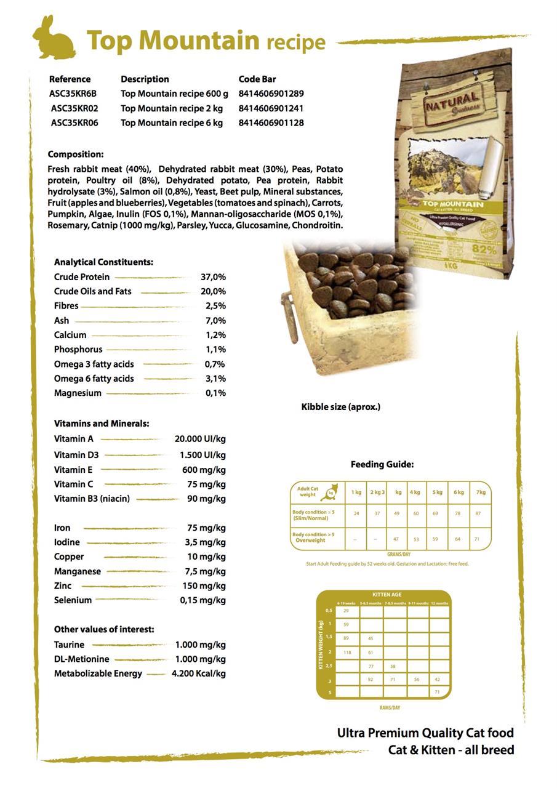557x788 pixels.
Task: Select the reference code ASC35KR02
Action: tap(74, 108)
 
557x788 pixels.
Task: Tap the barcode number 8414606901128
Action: tap(271, 123)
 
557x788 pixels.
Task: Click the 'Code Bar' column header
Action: tap(257, 79)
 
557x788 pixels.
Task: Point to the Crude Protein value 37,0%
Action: tap(213, 277)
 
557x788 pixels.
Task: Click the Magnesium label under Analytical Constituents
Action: tap(78, 393)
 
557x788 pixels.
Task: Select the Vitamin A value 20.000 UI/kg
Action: tap(200, 439)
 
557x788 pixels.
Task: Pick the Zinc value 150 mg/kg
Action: tap(204, 585)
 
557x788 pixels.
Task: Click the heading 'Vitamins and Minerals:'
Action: tap(102, 424)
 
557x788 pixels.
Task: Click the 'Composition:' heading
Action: tap(76, 155)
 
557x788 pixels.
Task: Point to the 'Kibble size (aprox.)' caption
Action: tap(340, 407)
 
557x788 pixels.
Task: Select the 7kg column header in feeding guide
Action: tap(481, 492)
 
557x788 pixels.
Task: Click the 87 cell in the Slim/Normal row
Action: tap(478, 513)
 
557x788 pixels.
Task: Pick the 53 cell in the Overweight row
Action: tap(416, 539)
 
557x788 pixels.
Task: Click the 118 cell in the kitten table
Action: tap(347, 653)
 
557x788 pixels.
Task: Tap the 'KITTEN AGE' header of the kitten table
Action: tap(387, 595)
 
